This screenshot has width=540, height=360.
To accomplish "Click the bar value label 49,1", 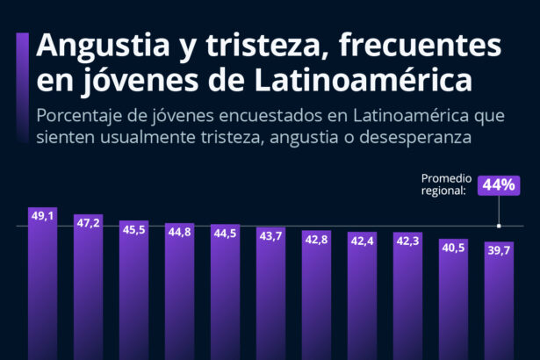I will (x=42, y=215).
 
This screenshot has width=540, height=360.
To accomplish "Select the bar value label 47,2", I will (x=88, y=223).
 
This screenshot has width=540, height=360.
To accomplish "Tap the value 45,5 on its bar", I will (x=133, y=229).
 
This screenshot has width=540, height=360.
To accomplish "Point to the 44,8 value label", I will (x=179, y=232).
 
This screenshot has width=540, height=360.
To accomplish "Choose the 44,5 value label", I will (x=225, y=233).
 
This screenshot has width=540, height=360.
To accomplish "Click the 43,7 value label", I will (x=270, y=236).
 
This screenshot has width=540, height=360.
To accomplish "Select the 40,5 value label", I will (x=453, y=248).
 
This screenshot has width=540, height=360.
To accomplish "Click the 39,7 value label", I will (x=499, y=251).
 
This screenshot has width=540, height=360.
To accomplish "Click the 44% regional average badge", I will (x=499, y=185).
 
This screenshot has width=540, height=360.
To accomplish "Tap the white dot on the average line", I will (x=499, y=226).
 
